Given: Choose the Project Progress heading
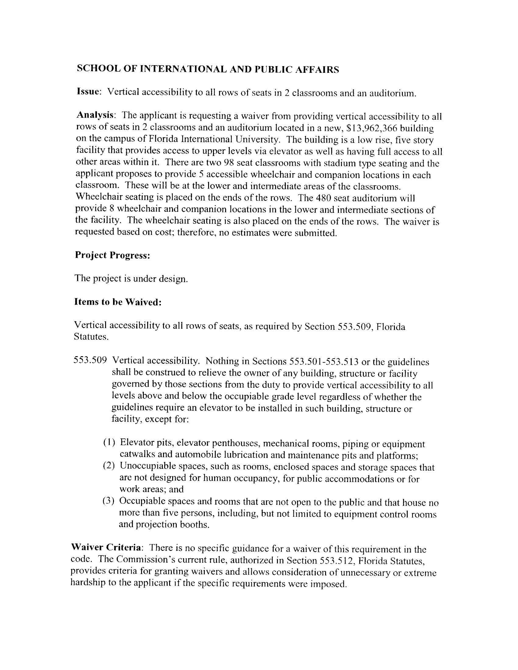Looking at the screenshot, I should click(112, 255).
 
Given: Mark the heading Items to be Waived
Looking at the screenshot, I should click(118, 302).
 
